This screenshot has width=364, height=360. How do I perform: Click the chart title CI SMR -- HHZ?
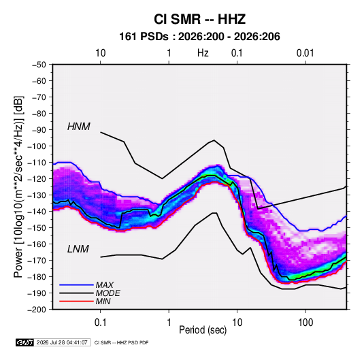point(199,19)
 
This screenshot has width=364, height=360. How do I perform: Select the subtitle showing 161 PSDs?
point(199,37)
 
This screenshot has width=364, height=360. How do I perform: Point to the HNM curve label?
point(79,127)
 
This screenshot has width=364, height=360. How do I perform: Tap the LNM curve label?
point(78,249)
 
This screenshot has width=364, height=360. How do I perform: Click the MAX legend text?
point(105,285)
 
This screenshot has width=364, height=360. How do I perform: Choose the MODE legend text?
point(108,293)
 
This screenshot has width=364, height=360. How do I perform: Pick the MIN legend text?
point(103,301)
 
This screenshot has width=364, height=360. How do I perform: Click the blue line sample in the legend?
point(76,285)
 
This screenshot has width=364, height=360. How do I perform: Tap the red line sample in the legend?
point(76,301)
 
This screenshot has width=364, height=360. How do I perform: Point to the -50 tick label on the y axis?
point(39,65)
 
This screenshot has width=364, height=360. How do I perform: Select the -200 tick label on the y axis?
point(37,310)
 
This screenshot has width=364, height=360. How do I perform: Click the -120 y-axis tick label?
point(37,179)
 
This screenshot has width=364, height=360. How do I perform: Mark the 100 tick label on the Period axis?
point(305,323)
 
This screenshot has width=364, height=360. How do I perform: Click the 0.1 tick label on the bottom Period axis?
point(100,323)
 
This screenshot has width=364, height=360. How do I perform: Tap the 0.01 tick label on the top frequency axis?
point(305,53)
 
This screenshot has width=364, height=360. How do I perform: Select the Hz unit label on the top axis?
point(203,53)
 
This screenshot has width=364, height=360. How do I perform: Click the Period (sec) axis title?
point(203,330)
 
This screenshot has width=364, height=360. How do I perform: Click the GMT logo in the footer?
point(24,342)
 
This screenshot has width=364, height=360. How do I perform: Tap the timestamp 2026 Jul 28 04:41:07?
point(62,342)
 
